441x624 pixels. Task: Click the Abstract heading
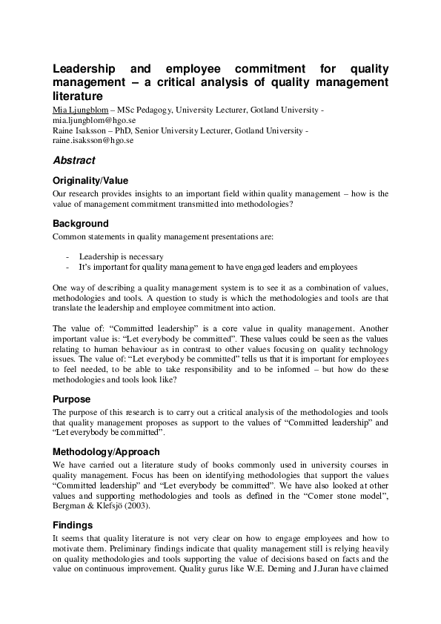point(73,160)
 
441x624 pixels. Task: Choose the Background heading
point(81,224)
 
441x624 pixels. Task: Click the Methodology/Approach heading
point(106,451)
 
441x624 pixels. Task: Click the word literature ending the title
point(76,96)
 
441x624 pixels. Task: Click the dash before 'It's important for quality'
point(68,267)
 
